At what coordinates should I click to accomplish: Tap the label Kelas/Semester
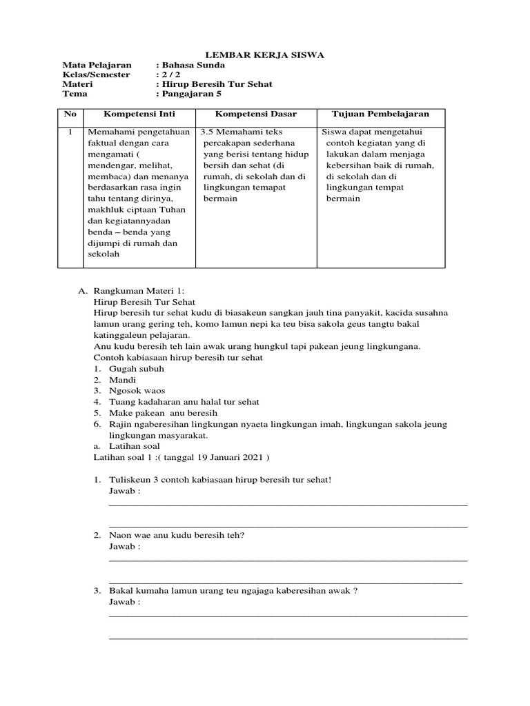[96, 74]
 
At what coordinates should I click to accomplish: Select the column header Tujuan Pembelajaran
[381, 114]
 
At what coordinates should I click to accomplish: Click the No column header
[70, 114]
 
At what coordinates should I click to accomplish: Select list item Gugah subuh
[136, 368]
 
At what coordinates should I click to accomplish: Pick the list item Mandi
[122, 379]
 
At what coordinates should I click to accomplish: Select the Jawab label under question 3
[124, 601]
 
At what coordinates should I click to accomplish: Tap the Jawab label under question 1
[124, 491]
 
